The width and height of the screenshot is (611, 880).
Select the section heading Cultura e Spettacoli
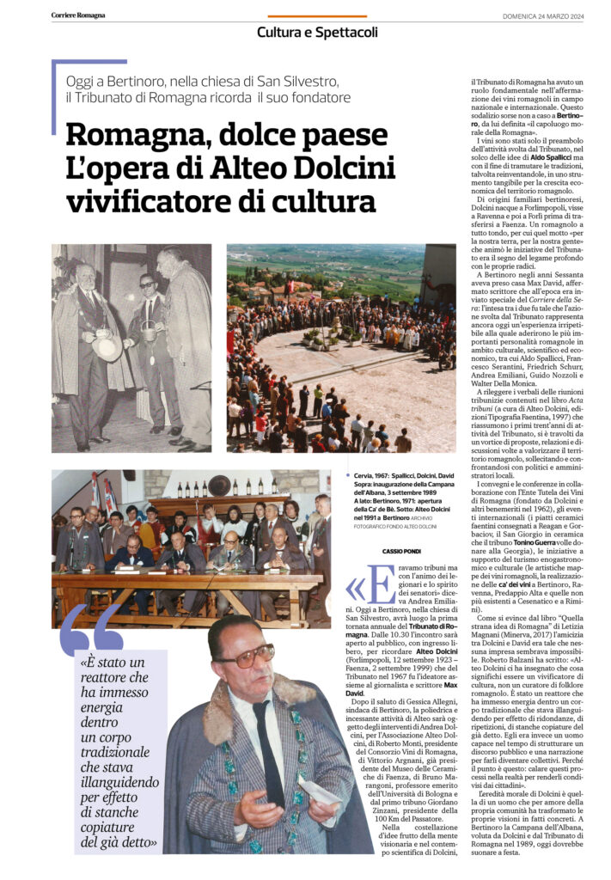(317, 33)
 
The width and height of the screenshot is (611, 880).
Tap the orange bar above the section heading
(317, 16)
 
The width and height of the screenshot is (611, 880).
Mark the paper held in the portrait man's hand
(320, 789)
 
